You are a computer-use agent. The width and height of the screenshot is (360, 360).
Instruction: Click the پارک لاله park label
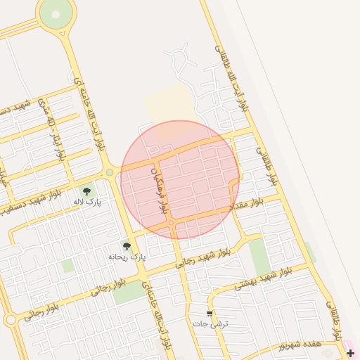pyautogui.click(x=87, y=202)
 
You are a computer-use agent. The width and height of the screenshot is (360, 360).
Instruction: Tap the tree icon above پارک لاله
pyautogui.click(x=86, y=191)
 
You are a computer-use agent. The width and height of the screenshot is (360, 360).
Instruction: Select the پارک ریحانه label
pyautogui.click(x=127, y=257)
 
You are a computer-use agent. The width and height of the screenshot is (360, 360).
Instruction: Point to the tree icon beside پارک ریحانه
pyautogui.click(x=127, y=246)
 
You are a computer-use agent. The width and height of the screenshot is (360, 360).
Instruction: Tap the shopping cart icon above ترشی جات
pyautogui.click(x=210, y=314)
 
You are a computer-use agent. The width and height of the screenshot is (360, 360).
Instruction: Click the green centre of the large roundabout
pyautogui.click(x=56, y=12)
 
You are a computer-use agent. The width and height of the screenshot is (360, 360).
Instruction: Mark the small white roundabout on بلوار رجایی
pyautogui.click(x=10, y=320)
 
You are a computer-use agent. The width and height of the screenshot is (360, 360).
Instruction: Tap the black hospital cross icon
pyautogui.click(x=351, y=352)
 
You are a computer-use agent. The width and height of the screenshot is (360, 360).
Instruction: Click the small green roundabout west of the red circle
pyautogui.click(x=109, y=172)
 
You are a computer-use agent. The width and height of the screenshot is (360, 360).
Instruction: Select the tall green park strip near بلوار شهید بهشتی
pyautogui.click(x=259, y=257)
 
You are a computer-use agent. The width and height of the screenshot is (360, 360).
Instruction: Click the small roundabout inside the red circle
pyautogui.click(x=172, y=224)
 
